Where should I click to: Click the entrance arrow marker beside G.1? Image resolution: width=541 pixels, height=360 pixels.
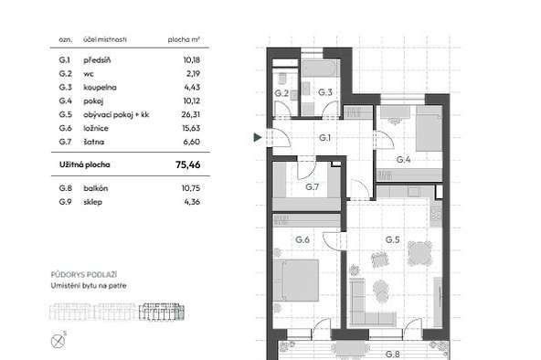(258, 137)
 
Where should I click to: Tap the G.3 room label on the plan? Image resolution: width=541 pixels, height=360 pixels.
(325, 92)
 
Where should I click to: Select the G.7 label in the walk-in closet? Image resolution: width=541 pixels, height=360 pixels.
(312, 187)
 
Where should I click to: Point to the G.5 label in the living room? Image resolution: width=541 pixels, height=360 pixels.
(393, 239)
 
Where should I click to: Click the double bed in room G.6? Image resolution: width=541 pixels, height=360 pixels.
(296, 281)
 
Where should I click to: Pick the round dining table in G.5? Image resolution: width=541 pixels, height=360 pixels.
(419, 253)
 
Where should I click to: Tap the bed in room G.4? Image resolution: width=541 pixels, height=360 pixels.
(429, 128)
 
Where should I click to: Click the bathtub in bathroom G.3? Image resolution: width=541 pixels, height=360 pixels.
(320, 69)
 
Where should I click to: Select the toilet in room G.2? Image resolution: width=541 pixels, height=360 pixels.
(282, 79)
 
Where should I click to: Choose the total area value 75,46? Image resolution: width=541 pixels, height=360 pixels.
(187, 164)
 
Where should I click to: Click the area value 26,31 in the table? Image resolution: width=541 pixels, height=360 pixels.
(191, 114)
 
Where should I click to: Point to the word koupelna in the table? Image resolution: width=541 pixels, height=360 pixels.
(100, 87)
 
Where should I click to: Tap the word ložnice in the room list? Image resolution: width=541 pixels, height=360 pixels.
(96, 128)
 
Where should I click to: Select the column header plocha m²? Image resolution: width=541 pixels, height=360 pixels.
(184, 39)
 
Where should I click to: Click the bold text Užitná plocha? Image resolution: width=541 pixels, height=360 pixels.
(85, 164)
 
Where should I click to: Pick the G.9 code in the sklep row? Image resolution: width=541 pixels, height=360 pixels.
(65, 202)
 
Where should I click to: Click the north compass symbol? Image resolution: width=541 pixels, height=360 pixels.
(58, 342)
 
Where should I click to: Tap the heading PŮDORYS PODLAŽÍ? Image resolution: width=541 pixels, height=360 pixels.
(84, 274)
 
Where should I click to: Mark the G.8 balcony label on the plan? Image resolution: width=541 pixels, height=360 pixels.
(393, 355)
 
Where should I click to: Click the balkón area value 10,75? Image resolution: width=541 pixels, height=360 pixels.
(191, 188)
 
